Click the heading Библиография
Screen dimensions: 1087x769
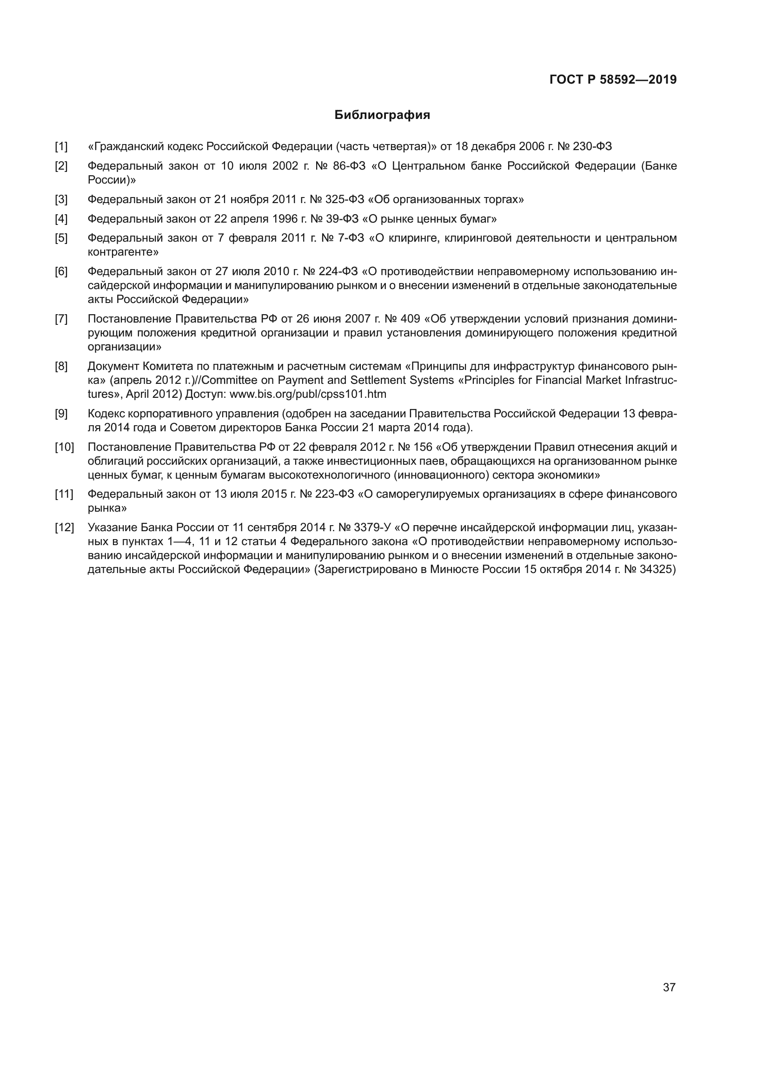coord(382,115)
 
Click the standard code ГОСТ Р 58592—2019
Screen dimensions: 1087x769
coord(613,79)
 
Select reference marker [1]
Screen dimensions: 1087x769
coord(61,147)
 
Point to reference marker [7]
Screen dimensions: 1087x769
coord(61,319)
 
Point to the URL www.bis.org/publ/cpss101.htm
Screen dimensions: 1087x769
coord(308,395)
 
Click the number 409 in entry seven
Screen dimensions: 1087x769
coord(410,319)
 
